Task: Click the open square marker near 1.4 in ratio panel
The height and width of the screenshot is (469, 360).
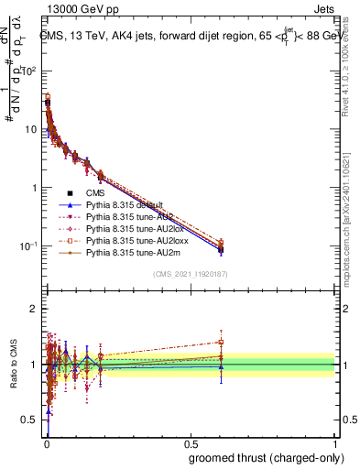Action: (x=221, y=342)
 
